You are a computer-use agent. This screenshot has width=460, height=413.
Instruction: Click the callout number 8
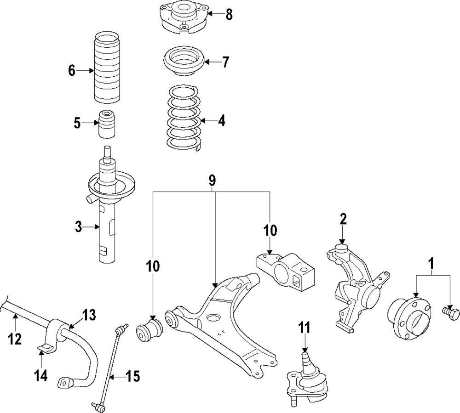(229, 15)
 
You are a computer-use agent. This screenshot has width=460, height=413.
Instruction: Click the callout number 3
(79, 226)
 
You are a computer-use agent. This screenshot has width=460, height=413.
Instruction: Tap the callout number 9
(212, 181)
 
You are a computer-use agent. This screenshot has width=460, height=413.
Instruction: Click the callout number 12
(15, 339)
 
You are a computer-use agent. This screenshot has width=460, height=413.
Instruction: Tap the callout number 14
(41, 376)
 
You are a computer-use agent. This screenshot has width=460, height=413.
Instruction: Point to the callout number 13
(88, 315)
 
